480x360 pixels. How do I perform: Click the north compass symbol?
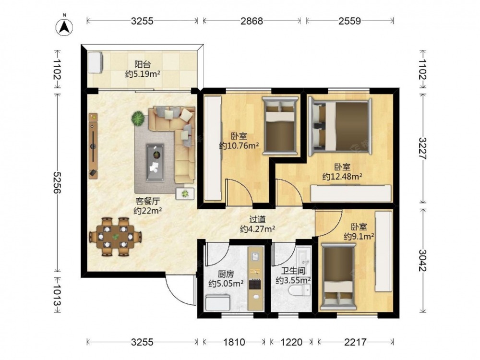(x=64, y=27)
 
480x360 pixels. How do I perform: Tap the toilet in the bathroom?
(x=300, y=289)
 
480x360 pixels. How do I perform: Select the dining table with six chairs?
(x=115, y=237)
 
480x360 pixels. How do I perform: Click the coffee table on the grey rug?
(x=155, y=162)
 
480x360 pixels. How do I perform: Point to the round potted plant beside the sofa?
(x=138, y=119)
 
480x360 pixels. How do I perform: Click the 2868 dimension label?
(x=252, y=21)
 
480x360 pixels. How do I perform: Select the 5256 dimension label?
(x=57, y=182)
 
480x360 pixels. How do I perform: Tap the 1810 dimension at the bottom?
(x=234, y=342)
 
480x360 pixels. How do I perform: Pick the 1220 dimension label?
(x=291, y=342)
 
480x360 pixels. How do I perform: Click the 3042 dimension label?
(x=423, y=260)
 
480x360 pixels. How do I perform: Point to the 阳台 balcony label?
(x=143, y=65)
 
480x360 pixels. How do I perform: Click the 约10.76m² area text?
(x=239, y=146)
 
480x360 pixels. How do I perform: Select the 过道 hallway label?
(x=257, y=220)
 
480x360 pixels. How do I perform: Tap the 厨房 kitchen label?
(x=226, y=274)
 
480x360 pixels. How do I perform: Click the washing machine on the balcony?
(x=95, y=62)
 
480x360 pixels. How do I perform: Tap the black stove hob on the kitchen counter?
(x=255, y=284)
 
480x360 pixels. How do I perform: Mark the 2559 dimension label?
(x=349, y=21)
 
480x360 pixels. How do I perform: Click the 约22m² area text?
(x=147, y=211)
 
